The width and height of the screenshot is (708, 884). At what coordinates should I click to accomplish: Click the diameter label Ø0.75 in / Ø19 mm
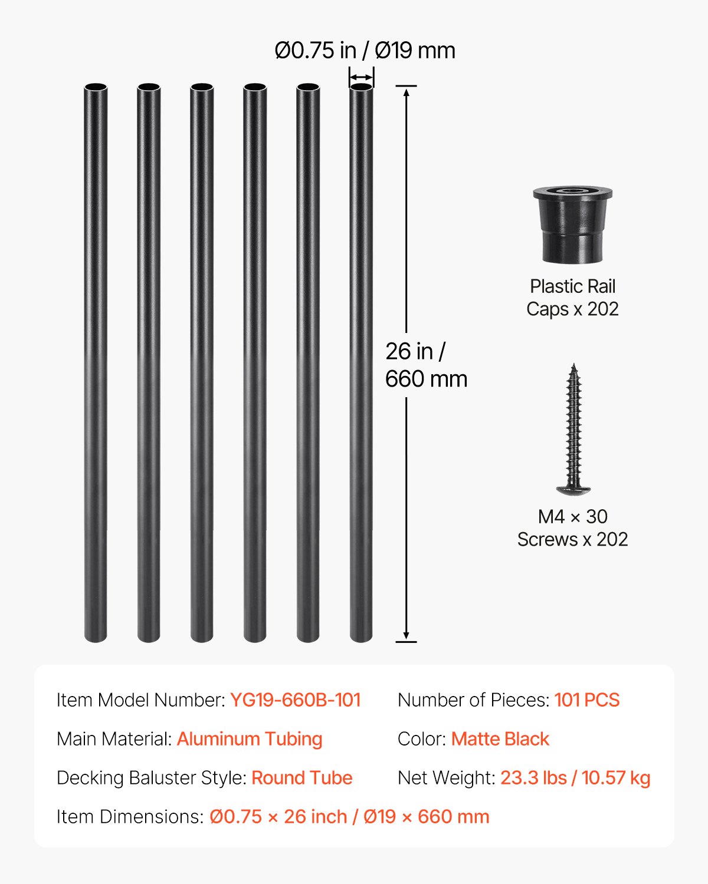pos(365,51)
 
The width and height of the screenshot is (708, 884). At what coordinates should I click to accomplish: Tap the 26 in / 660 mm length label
pos(425,365)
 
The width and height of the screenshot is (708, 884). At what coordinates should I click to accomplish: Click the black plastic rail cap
pos(572,225)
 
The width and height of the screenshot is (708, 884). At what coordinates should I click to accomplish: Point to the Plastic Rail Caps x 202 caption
pos(572,298)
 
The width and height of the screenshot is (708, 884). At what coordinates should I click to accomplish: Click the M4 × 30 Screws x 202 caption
pos(572,528)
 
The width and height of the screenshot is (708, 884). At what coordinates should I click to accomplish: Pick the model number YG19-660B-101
pos(295,700)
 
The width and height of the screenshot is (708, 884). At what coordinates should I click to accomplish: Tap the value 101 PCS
pos(587,700)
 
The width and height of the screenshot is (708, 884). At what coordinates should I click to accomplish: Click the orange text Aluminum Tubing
pos(250,739)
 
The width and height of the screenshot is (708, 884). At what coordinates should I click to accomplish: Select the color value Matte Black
pos(500,739)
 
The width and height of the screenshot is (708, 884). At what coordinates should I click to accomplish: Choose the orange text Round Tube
pos(302,778)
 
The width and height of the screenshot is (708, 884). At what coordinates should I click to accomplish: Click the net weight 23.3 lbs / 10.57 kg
pos(575,778)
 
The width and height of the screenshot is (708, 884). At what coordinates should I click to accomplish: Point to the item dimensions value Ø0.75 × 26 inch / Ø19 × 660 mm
pos(349,817)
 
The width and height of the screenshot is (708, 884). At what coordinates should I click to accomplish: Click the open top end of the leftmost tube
pos(96,87)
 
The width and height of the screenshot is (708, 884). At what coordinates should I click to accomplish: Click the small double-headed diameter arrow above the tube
pos(361,77)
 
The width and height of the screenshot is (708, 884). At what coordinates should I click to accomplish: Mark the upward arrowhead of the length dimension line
pos(406,92)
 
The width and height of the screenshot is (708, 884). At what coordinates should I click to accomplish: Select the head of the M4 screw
pos(573,489)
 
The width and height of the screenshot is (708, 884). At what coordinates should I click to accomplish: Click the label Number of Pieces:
pos(474,700)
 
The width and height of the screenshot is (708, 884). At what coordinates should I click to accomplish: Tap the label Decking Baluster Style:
pos(152,778)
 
